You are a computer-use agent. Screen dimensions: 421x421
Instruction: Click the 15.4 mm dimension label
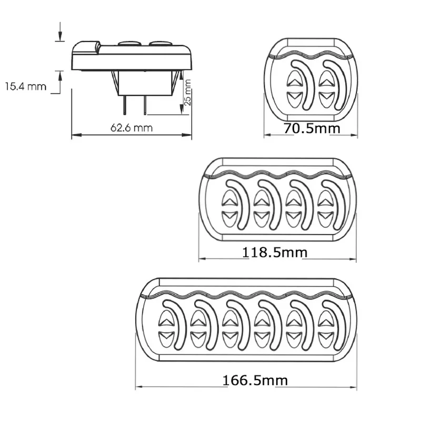(x=26, y=86)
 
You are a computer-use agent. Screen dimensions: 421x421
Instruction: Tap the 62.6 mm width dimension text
(x=132, y=128)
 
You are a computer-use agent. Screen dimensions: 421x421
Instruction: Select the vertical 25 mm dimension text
(x=187, y=92)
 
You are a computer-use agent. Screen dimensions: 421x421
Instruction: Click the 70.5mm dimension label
(x=312, y=128)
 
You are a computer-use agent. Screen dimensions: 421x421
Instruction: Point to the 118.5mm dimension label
(x=275, y=253)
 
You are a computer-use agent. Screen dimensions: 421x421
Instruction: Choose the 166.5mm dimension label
(x=255, y=380)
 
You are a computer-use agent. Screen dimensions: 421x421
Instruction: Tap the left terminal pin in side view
(x=125, y=105)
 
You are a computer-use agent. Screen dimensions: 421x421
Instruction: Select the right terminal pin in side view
(x=145, y=105)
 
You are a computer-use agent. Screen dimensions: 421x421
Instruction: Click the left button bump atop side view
(x=129, y=43)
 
